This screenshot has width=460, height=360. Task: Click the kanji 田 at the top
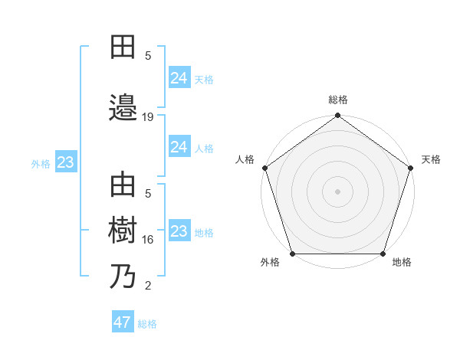[123, 47]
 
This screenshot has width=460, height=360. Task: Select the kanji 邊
[123, 106]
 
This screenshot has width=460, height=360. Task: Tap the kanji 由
[123, 186]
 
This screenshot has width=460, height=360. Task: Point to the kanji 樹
[123, 231]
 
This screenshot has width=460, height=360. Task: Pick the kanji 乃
[123, 277]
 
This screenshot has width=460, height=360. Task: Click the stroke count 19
[149, 116]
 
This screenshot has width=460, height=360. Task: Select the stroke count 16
[149, 240]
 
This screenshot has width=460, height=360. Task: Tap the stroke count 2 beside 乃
[148, 286]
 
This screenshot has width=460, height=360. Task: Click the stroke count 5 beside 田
[148, 55]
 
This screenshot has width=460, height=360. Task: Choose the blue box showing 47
[123, 322]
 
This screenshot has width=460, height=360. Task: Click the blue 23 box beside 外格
[65, 162]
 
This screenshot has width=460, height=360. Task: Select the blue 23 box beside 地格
[179, 231]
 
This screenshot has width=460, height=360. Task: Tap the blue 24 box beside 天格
[179, 77]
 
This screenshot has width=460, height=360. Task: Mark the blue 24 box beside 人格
[179, 147]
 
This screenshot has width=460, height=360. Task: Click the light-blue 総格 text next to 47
[147, 324]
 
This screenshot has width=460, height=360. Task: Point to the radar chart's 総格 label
[338, 100]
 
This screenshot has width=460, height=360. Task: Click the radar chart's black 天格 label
[431, 159]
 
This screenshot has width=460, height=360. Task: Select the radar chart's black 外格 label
[270, 262]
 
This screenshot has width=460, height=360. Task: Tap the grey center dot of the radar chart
[337, 191]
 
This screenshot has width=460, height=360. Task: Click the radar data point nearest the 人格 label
[265, 168]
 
